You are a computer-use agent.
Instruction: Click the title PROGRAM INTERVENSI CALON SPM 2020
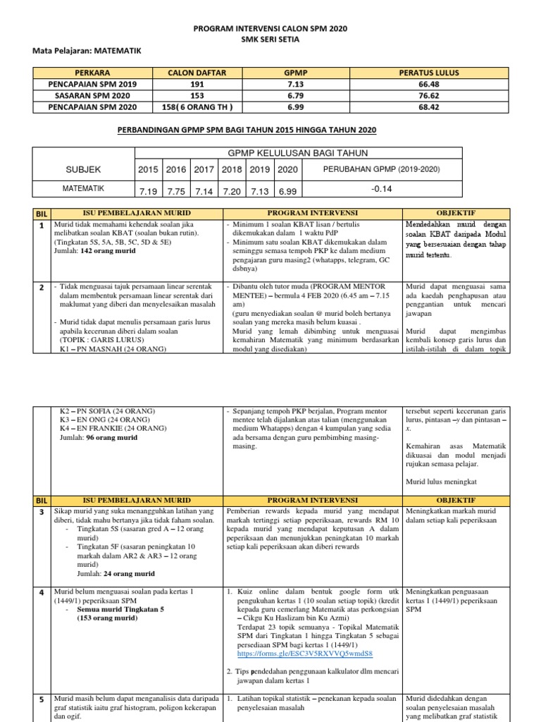270,29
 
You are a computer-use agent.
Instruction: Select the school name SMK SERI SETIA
270,39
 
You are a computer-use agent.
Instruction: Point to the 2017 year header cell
204,170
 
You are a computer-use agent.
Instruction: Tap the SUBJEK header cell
83,170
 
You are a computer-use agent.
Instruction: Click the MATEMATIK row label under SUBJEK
83,188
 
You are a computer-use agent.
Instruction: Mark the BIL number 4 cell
42,592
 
